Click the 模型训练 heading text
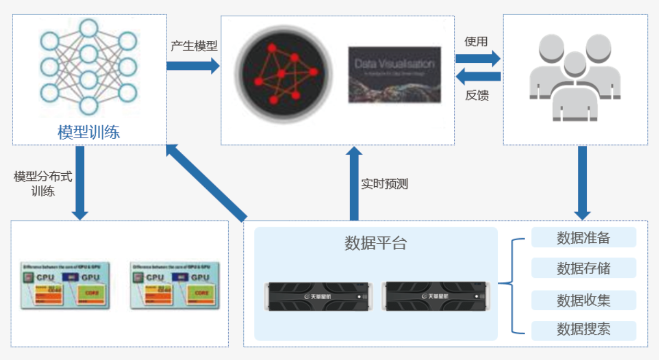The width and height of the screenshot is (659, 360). pos(88,132)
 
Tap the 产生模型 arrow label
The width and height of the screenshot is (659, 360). pos(194,46)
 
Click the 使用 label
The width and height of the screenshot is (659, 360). pos(476,41)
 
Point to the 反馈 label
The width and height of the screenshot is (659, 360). pos(477,95)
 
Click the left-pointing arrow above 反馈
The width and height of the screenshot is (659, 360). pos(478,77)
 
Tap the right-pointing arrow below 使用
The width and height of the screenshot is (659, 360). pos(478,59)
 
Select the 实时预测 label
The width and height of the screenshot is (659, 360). pos(385,184)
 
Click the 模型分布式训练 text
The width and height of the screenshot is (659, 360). pos(42,184)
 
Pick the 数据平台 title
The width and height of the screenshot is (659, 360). pos(375,243)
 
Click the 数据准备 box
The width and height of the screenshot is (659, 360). pos(583,238)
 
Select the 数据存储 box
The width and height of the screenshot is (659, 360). pos(583,268)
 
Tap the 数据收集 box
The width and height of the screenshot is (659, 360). pos(583,300)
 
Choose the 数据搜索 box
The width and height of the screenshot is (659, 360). pos(583,330)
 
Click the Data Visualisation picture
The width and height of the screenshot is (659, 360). pos(394,75)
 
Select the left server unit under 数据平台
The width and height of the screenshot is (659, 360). pos(319,296)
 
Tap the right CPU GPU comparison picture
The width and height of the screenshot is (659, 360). pos(175,286)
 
